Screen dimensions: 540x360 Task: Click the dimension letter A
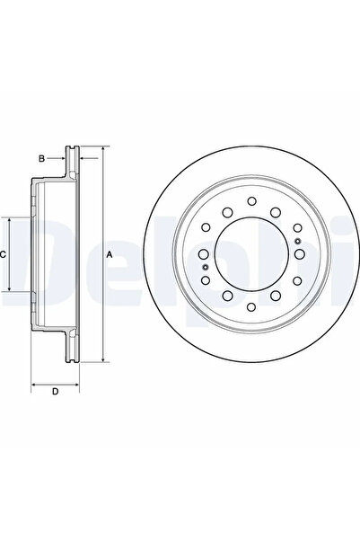pyautogui.click(x=110, y=255)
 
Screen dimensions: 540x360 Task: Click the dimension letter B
pyautogui.click(x=41, y=159)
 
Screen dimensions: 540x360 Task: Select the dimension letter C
pyautogui.click(x=4, y=255)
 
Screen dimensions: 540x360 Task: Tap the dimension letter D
pyautogui.click(x=55, y=392)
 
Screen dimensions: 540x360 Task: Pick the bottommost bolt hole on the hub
pyautogui.click(x=250, y=311)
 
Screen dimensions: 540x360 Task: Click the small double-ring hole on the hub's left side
pyautogui.click(x=205, y=268)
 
